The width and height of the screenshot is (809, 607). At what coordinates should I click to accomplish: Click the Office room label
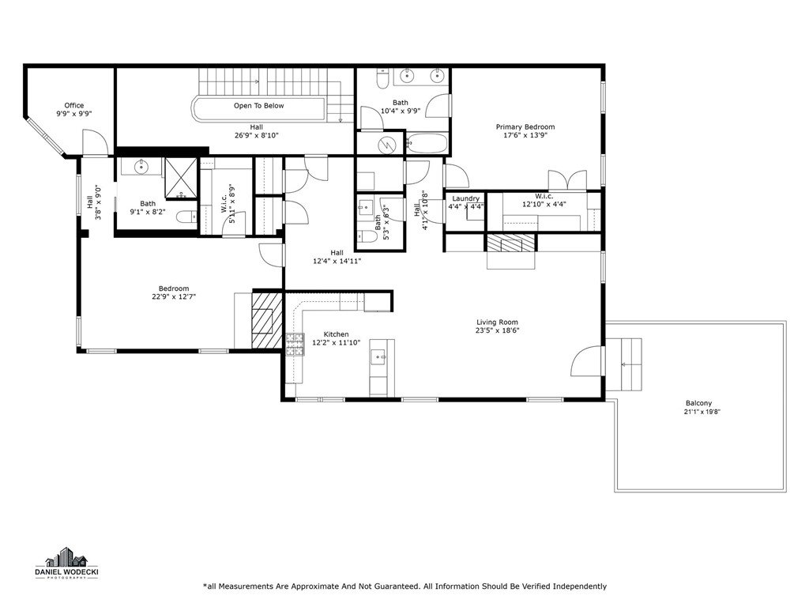click(x=73, y=105)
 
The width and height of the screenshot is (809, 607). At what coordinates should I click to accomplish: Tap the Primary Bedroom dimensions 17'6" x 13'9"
click(x=525, y=135)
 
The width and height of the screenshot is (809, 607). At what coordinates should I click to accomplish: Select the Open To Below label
click(x=258, y=106)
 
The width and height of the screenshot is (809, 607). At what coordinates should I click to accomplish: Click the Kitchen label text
click(x=336, y=334)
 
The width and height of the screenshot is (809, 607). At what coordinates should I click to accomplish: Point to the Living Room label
click(x=497, y=322)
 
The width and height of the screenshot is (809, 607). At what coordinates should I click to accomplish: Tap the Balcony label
click(x=698, y=403)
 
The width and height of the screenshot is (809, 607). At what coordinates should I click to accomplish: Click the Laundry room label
click(x=466, y=198)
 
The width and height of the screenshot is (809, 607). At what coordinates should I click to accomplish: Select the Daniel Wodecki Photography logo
click(x=67, y=563)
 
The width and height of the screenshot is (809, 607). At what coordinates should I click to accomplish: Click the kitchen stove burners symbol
click(x=295, y=345)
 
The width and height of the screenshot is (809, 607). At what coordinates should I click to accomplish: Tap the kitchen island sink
click(x=378, y=356)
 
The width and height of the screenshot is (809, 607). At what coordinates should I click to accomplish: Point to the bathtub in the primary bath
click(x=427, y=143)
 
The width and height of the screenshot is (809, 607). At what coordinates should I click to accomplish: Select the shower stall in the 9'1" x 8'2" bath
click(x=181, y=178)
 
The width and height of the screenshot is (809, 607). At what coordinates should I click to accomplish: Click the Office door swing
click(x=95, y=142)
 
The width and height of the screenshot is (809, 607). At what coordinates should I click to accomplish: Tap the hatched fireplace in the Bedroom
click(x=267, y=320)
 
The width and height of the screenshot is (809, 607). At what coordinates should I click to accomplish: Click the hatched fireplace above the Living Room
click(x=511, y=243)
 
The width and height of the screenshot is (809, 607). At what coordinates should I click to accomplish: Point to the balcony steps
click(x=624, y=364)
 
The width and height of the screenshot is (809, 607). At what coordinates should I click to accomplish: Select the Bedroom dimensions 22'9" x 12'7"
click(x=173, y=297)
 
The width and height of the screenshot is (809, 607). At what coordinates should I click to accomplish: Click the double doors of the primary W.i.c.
click(x=567, y=180)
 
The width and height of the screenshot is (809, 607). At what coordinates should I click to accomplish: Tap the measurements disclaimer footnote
click(x=405, y=586)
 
